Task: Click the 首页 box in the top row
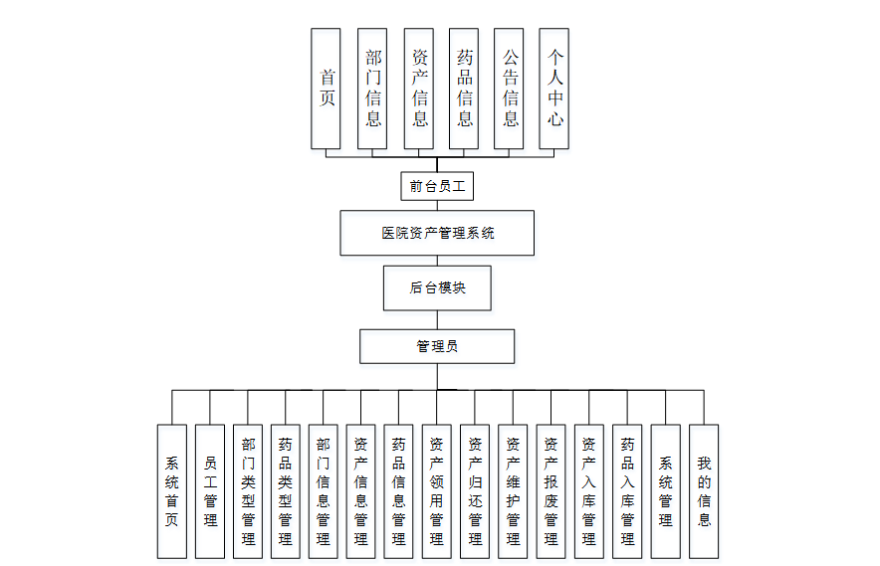[x=327, y=89]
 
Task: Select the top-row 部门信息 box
[x=373, y=89]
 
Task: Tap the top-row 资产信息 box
[x=419, y=89]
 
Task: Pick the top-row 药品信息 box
[x=465, y=89]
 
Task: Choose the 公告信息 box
[x=510, y=89]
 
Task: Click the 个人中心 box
[x=555, y=89]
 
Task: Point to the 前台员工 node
[x=438, y=186]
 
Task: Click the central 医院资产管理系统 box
[x=438, y=233]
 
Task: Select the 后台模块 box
[x=438, y=287]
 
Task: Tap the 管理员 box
[x=438, y=346]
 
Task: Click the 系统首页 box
[x=172, y=491]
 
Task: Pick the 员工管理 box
[x=210, y=491]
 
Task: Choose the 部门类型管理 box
[x=248, y=491]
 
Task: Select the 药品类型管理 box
[x=286, y=491]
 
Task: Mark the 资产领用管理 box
[x=437, y=491]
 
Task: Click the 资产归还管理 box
[x=475, y=491]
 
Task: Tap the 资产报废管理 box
[x=550, y=491]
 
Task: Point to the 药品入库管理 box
[x=627, y=491]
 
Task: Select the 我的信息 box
[x=704, y=491]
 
